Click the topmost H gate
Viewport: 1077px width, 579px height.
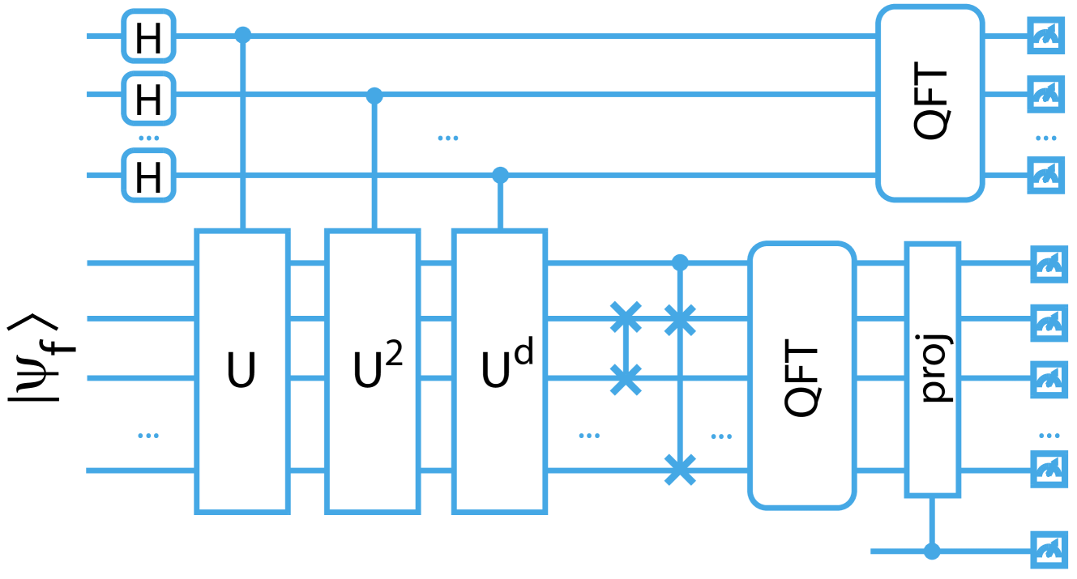coord(148,36)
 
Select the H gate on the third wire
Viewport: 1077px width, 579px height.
coord(148,175)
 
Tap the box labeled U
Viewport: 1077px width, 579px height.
coord(242,371)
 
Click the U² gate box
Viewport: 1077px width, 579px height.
coord(372,371)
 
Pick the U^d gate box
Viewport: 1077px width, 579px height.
coord(500,371)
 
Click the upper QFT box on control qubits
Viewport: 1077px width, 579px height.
coord(930,103)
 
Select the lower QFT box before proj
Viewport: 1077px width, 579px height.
coord(801,376)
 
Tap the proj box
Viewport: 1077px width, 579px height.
coord(933,368)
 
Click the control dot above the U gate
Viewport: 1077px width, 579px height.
coord(243,35)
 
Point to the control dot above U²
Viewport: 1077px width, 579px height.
coord(374,96)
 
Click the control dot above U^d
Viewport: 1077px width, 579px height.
coord(500,174)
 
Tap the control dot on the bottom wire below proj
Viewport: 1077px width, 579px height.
coord(932,551)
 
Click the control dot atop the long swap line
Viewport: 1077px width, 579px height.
coord(680,262)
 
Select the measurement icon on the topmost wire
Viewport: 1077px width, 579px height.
coord(1046,36)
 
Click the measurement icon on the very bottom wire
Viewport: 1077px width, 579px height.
coord(1049,551)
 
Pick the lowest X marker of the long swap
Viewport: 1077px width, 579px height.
coord(680,469)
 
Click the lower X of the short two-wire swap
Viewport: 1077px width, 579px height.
coord(626,378)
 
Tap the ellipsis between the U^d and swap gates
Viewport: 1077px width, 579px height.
coord(589,436)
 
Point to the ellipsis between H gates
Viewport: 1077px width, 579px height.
coord(148,138)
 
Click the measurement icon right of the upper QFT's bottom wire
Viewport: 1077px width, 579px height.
coord(1046,173)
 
